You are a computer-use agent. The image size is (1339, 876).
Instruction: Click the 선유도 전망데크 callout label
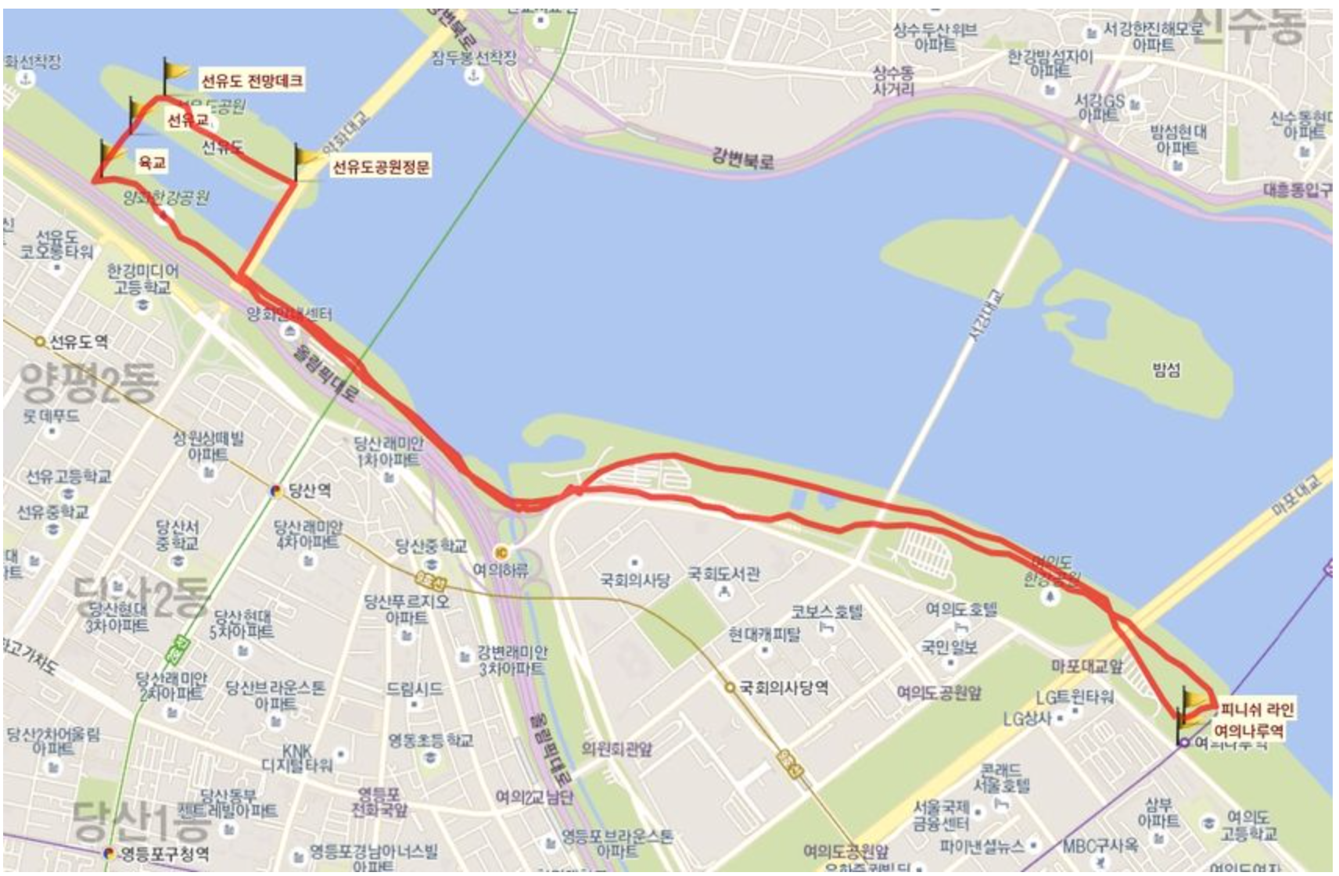click(x=251, y=81)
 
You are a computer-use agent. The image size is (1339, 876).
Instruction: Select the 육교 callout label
click(x=153, y=162)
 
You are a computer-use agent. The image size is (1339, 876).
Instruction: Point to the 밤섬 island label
click(x=1165, y=369)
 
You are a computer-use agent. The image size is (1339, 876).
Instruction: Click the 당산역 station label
click(x=309, y=491)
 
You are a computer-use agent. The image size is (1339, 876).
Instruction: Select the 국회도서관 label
click(x=724, y=574)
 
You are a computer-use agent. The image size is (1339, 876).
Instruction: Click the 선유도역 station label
click(x=78, y=342)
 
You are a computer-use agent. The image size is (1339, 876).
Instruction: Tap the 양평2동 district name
click(x=88, y=382)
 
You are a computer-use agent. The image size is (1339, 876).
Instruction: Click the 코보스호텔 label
click(x=826, y=611)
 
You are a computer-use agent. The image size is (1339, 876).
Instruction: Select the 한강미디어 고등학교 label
click(x=142, y=279)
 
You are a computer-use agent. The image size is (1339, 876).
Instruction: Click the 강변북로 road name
click(x=742, y=159)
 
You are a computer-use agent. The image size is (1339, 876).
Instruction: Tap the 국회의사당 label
click(x=634, y=580)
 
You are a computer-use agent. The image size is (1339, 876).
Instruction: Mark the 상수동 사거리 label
click(x=892, y=81)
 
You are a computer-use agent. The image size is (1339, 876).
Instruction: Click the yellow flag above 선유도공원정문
click(x=309, y=157)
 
